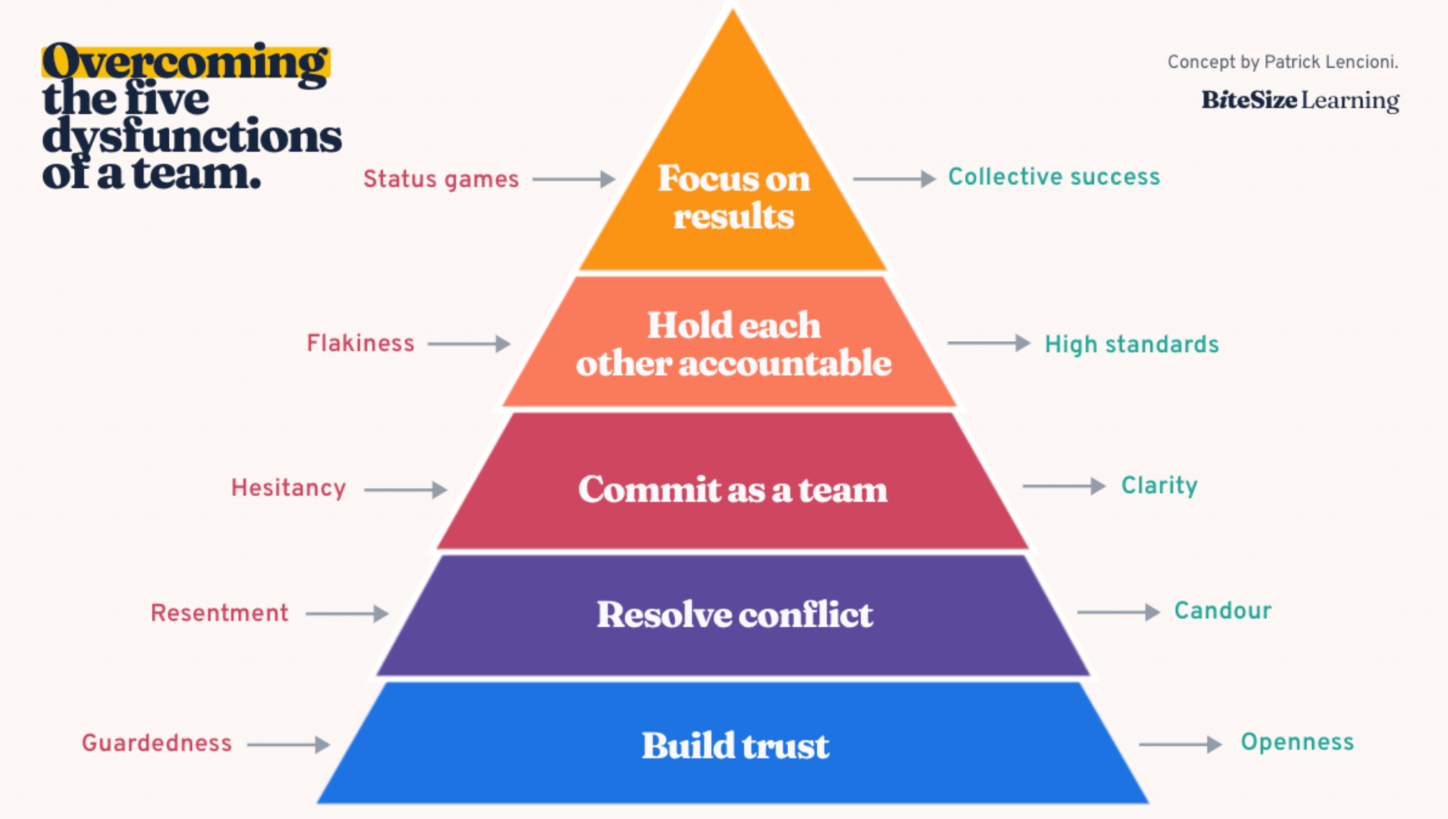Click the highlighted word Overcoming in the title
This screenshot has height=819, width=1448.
(186, 62)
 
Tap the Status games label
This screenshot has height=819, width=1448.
(440, 179)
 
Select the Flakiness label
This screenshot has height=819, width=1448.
(361, 344)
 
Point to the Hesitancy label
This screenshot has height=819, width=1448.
(289, 489)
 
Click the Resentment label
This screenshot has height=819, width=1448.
(220, 613)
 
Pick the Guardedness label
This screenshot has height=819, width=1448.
(157, 743)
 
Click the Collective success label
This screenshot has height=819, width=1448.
(1054, 177)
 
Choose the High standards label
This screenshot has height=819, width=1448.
(1131, 345)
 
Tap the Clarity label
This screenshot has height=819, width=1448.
(1159, 486)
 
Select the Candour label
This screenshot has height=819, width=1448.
(1223, 611)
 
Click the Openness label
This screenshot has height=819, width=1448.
(1297, 743)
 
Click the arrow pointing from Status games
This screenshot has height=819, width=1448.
(574, 179)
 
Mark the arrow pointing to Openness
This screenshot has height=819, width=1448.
(1180, 744)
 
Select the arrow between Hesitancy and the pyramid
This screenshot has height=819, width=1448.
(405, 490)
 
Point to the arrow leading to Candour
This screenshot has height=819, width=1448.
(1118, 612)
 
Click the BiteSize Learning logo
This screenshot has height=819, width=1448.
(1300, 101)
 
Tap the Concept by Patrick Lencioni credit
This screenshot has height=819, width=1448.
(1282, 63)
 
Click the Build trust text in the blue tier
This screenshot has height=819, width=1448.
(735, 746)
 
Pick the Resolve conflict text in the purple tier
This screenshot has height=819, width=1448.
(735, 615)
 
